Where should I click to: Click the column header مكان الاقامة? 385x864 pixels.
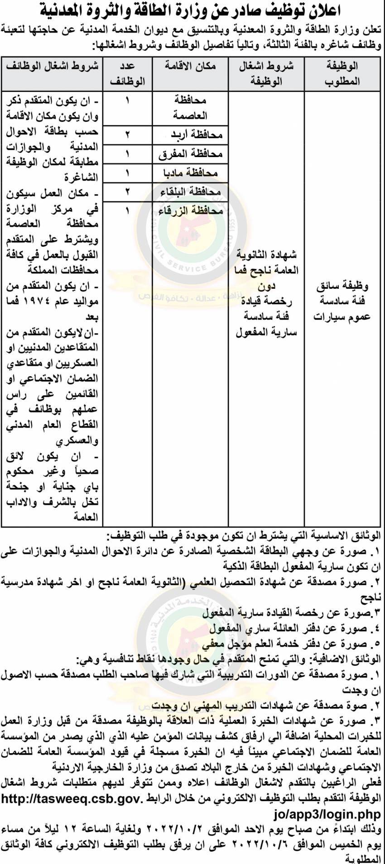coord(190,66)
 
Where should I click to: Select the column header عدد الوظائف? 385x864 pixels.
coord(128,73)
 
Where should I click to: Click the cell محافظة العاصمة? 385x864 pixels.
coord(190,108)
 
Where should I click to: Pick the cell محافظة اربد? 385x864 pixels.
coord(197,134)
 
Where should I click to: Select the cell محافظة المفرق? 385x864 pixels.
coord(191,154)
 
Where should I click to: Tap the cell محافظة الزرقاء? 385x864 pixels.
coord(191,211)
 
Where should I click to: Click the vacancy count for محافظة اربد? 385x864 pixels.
coord(128,134)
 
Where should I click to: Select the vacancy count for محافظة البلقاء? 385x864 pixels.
coord(128,192)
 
